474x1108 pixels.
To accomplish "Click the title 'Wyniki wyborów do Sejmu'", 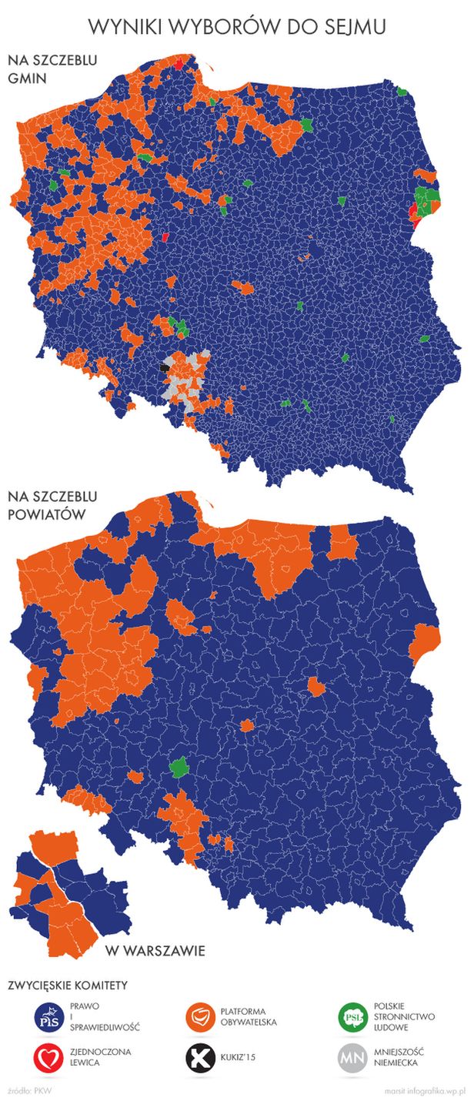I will coord(237,27).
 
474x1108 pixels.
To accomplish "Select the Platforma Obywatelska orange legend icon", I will coord(202,1017).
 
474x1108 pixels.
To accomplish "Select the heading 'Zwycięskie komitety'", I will coord(67,985).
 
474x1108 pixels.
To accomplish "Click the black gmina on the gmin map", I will coord(164,368).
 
